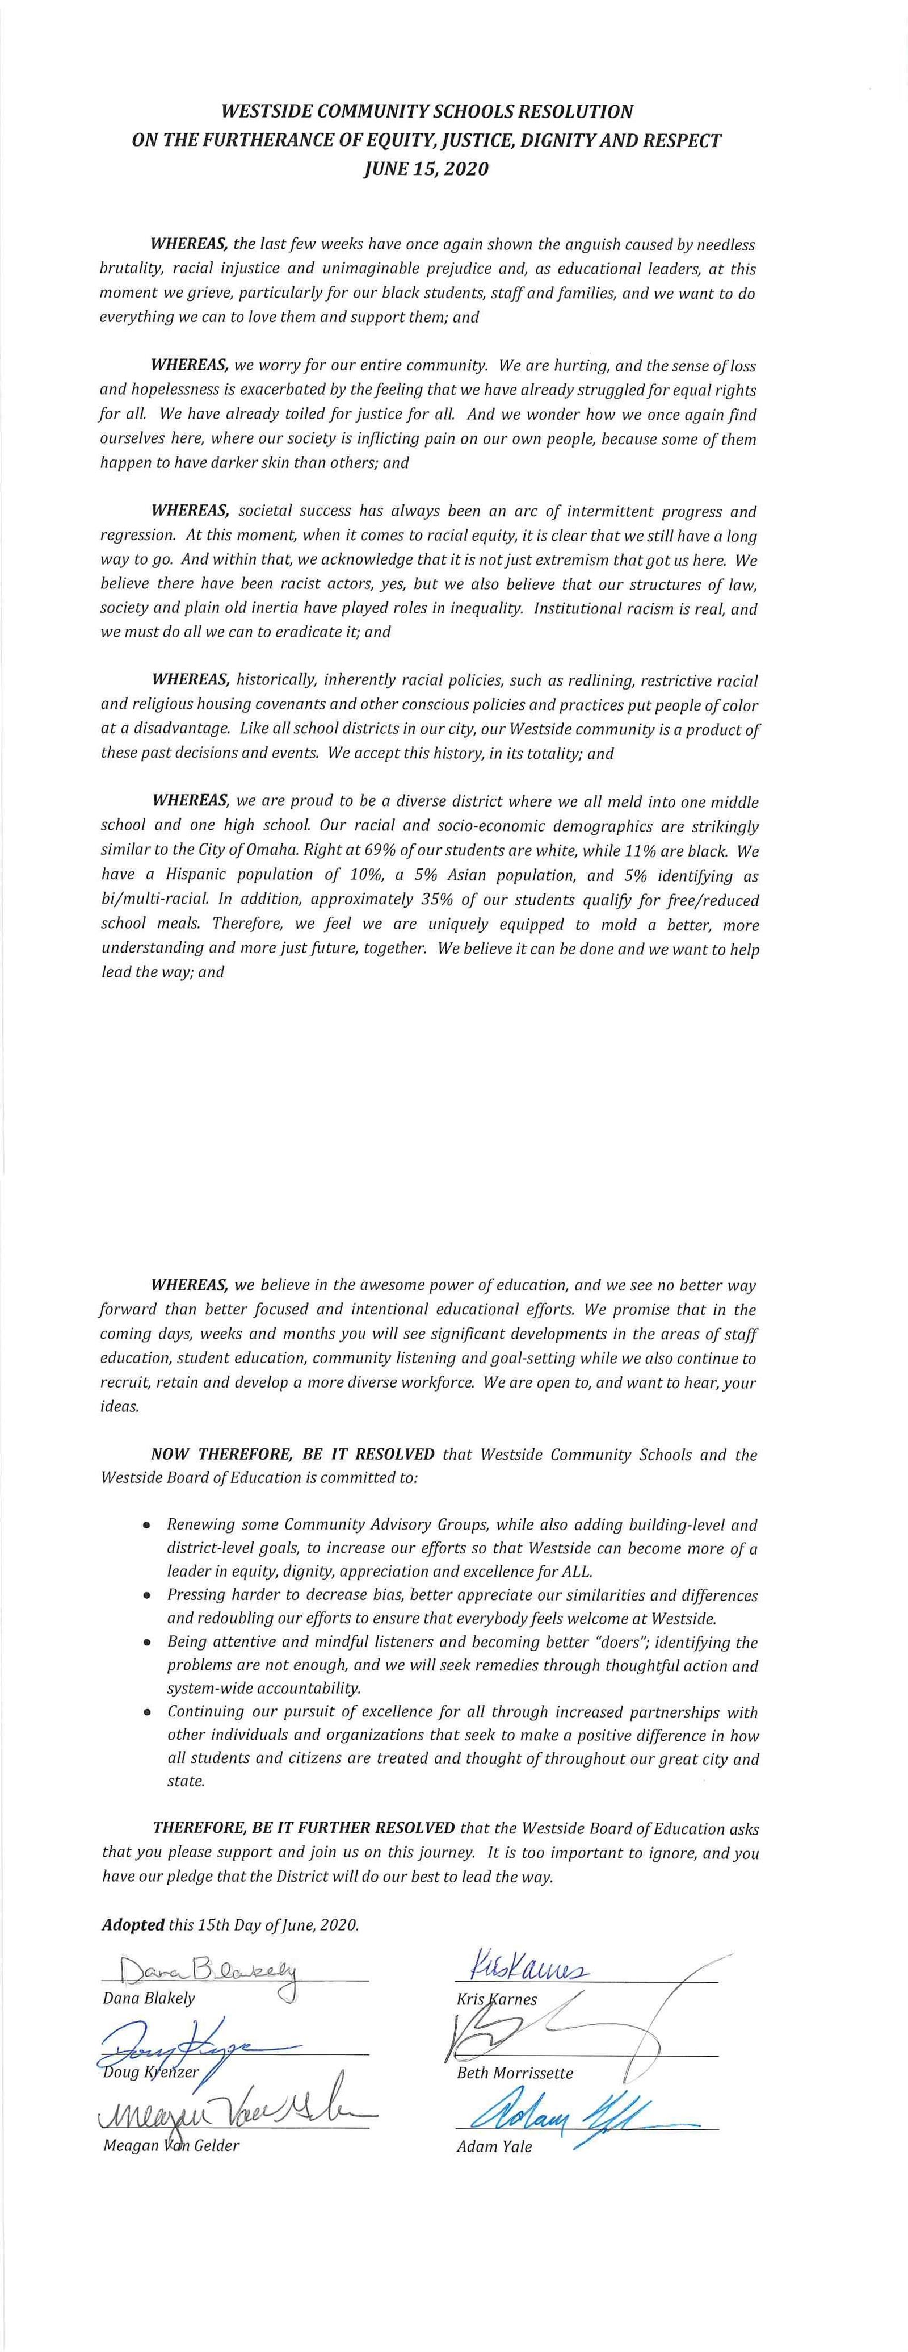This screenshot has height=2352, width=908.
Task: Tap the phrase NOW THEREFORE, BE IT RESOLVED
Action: (294, 1455)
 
